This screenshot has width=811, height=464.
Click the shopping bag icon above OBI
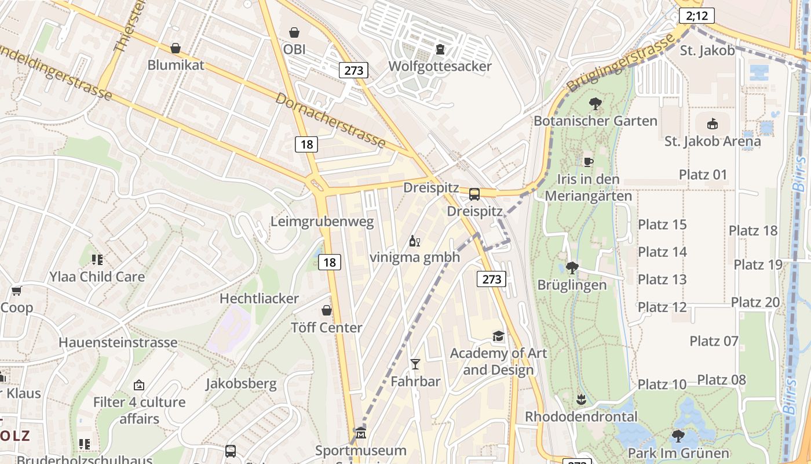tap(294, 32)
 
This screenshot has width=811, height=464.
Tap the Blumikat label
tap(176, 64)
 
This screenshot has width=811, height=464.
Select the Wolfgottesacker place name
tap(440, 66)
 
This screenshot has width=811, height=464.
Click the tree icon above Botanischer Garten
tap(594, 104)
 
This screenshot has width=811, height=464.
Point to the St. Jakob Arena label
tap(713, 141)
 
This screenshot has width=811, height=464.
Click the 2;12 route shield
tap(697, 16)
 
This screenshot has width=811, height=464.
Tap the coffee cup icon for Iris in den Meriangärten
tap(588, 162)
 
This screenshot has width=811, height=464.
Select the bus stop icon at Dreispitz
tap(474, 194)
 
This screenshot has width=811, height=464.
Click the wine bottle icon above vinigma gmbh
tap(414, 241)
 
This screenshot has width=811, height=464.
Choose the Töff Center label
tap(327, 328)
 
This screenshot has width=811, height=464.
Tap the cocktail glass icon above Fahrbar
tap(415, 364)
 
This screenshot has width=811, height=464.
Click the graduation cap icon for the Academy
tap(498, 336)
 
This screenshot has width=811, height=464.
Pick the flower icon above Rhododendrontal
tap(580, 400)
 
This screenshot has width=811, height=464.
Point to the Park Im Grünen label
tap(678, 452)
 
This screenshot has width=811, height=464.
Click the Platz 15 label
tap(662, 224)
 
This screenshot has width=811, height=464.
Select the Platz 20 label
tap(755, 302)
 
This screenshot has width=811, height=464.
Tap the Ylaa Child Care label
tap(97, 277)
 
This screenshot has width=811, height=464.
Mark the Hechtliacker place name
tap(259, 299)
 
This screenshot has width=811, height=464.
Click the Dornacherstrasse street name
tap(330, 120)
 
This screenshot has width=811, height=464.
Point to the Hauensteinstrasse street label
tap(118, 342)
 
